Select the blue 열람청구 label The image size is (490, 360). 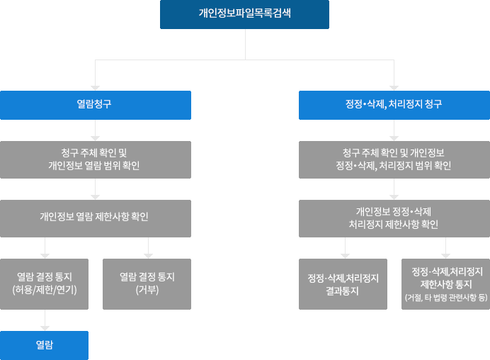(94, 105)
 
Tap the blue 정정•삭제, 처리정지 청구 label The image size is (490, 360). (394, 105)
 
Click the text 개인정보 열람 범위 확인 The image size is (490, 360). (94, 166)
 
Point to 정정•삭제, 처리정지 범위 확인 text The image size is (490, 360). (394, 166)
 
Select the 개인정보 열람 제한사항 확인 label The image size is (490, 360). (94, 217)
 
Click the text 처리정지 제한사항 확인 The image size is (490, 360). (394, 225)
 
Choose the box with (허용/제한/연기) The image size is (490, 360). (45, 284)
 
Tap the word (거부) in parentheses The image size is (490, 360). (147, 290)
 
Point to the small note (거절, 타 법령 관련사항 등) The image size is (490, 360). (446, 298)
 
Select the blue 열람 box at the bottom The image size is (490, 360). (45, 345)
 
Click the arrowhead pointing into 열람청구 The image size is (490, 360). (95, 87)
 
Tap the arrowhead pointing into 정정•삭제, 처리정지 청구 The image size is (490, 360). (394, 87)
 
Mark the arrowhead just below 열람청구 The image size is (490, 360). (95, 138)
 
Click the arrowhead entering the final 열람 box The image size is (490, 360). (45, 327)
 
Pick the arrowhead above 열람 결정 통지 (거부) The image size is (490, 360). (148, 255)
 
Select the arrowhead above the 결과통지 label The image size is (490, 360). (345, 255)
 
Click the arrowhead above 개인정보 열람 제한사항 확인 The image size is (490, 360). (95, 197)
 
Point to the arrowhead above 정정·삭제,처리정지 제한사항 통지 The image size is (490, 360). (446, 255)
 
